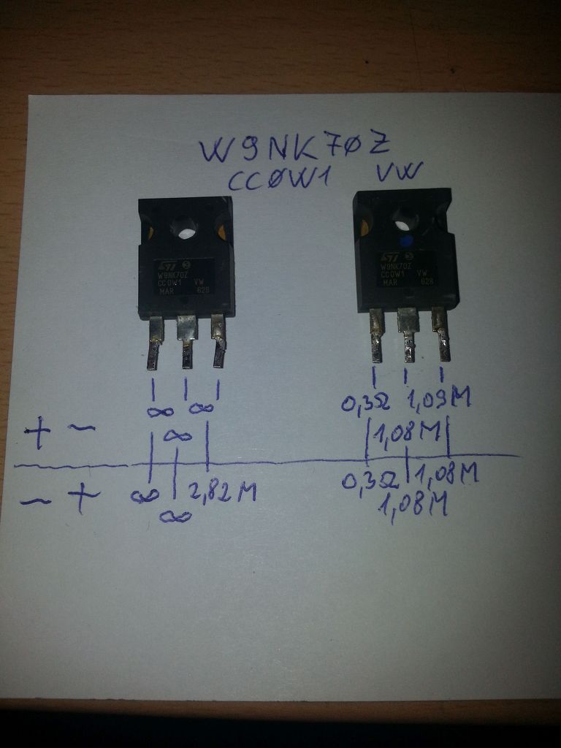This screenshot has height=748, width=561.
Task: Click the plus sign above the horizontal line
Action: tap(37, 437)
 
